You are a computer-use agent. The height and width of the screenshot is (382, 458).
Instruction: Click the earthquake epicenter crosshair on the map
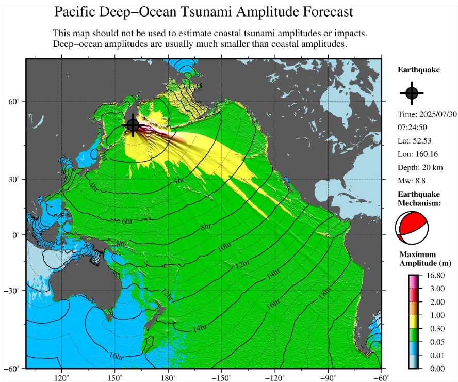(133, 125)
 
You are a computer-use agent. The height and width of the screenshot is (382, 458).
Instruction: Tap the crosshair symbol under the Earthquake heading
(412, 93)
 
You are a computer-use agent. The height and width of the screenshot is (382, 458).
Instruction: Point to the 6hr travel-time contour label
(126, 221)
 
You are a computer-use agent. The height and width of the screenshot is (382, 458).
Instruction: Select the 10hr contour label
(223, 247)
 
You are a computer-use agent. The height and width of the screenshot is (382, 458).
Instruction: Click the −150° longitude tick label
(221, 377)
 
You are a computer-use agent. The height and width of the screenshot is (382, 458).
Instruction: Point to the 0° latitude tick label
(16, 235)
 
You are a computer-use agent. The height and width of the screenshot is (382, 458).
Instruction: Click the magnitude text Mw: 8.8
(413, 181)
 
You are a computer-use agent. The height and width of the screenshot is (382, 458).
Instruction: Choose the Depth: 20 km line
(420, 167)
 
